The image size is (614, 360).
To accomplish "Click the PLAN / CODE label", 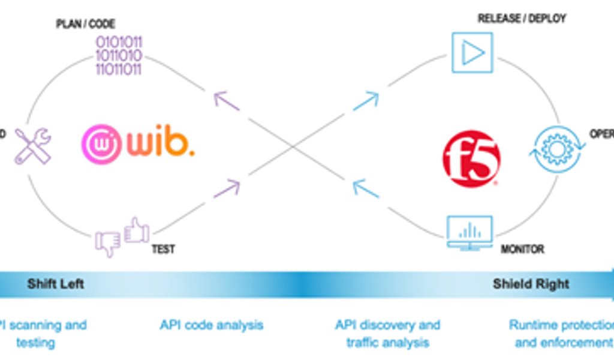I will [x=85, y=25].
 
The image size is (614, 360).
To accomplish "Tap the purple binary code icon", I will [x=119, y=56].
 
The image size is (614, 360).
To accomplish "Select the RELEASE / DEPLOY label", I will [x=522, y=19].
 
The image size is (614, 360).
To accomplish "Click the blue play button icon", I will [x=472, y=53].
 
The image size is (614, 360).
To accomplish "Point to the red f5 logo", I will [x=471, y=159].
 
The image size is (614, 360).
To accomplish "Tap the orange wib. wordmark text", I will [x=160, y=144].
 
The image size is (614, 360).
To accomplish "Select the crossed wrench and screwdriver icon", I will [x=32, y=146].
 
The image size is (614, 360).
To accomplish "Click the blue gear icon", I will [x=556, y=149].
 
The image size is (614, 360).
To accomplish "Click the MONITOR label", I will [x=522, y=249].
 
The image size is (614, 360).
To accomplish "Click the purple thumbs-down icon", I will [x=108, y=244].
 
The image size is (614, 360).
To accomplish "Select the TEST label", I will [x=163, y=249].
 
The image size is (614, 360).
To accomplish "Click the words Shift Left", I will [x=55, y=284].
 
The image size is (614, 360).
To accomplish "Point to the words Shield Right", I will [x=531, y=284].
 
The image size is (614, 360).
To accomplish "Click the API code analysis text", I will [x=211, y=325].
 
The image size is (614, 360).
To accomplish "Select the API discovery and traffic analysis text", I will [x=387, y=334].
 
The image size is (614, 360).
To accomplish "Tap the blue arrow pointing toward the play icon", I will [x=367, y=100].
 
